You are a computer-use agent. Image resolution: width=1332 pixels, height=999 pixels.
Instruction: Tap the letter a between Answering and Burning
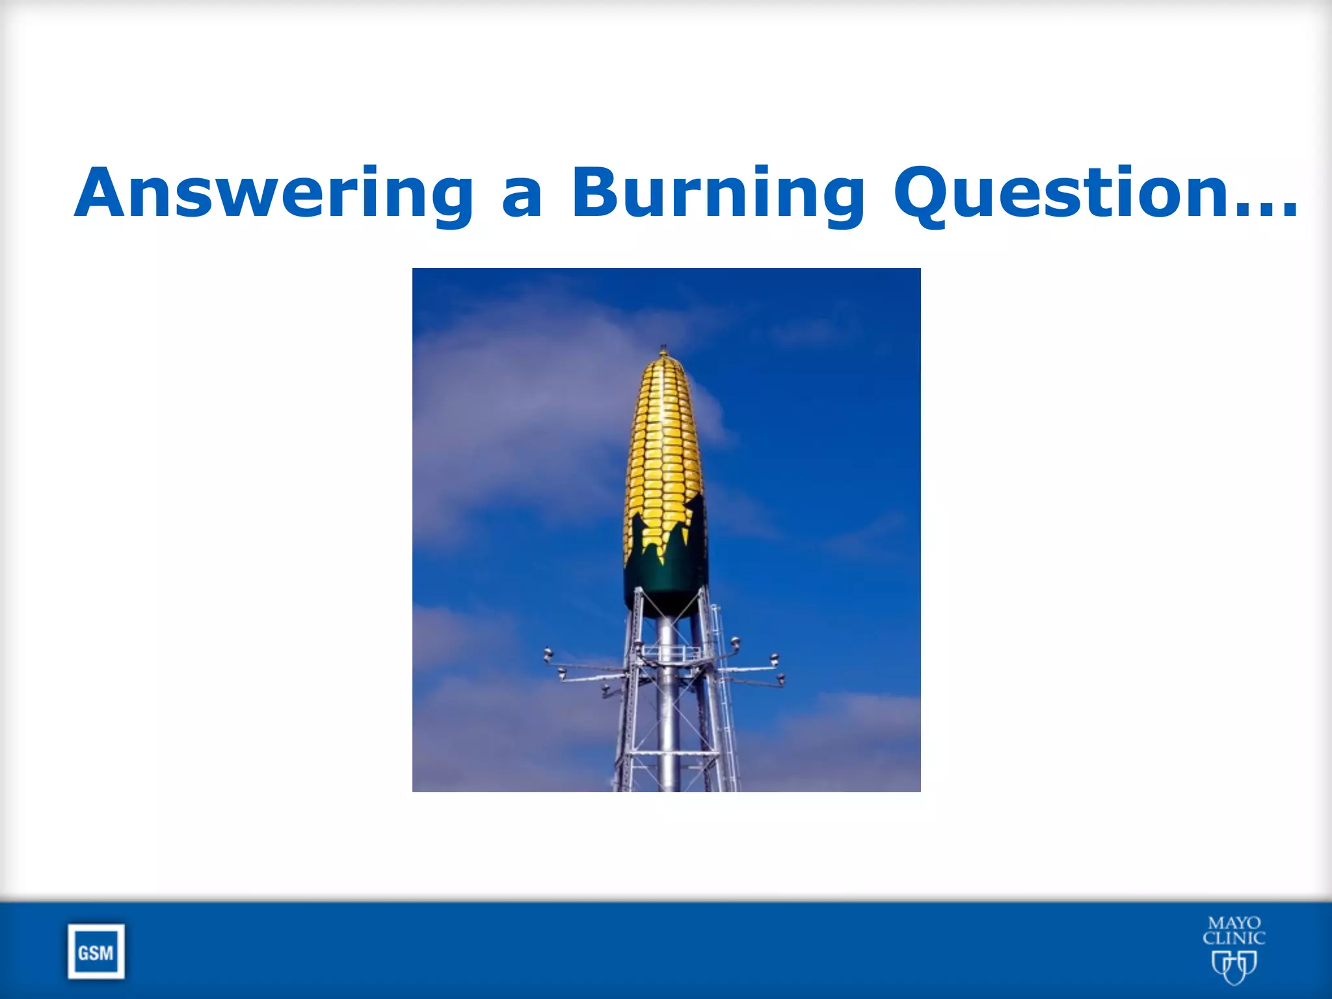522,198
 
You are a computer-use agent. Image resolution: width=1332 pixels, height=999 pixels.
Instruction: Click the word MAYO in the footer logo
1234,924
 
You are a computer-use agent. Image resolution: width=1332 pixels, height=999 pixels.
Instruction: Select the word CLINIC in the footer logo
1234,939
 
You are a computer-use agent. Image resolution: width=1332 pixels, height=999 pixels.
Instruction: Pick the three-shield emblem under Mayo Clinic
1234,966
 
